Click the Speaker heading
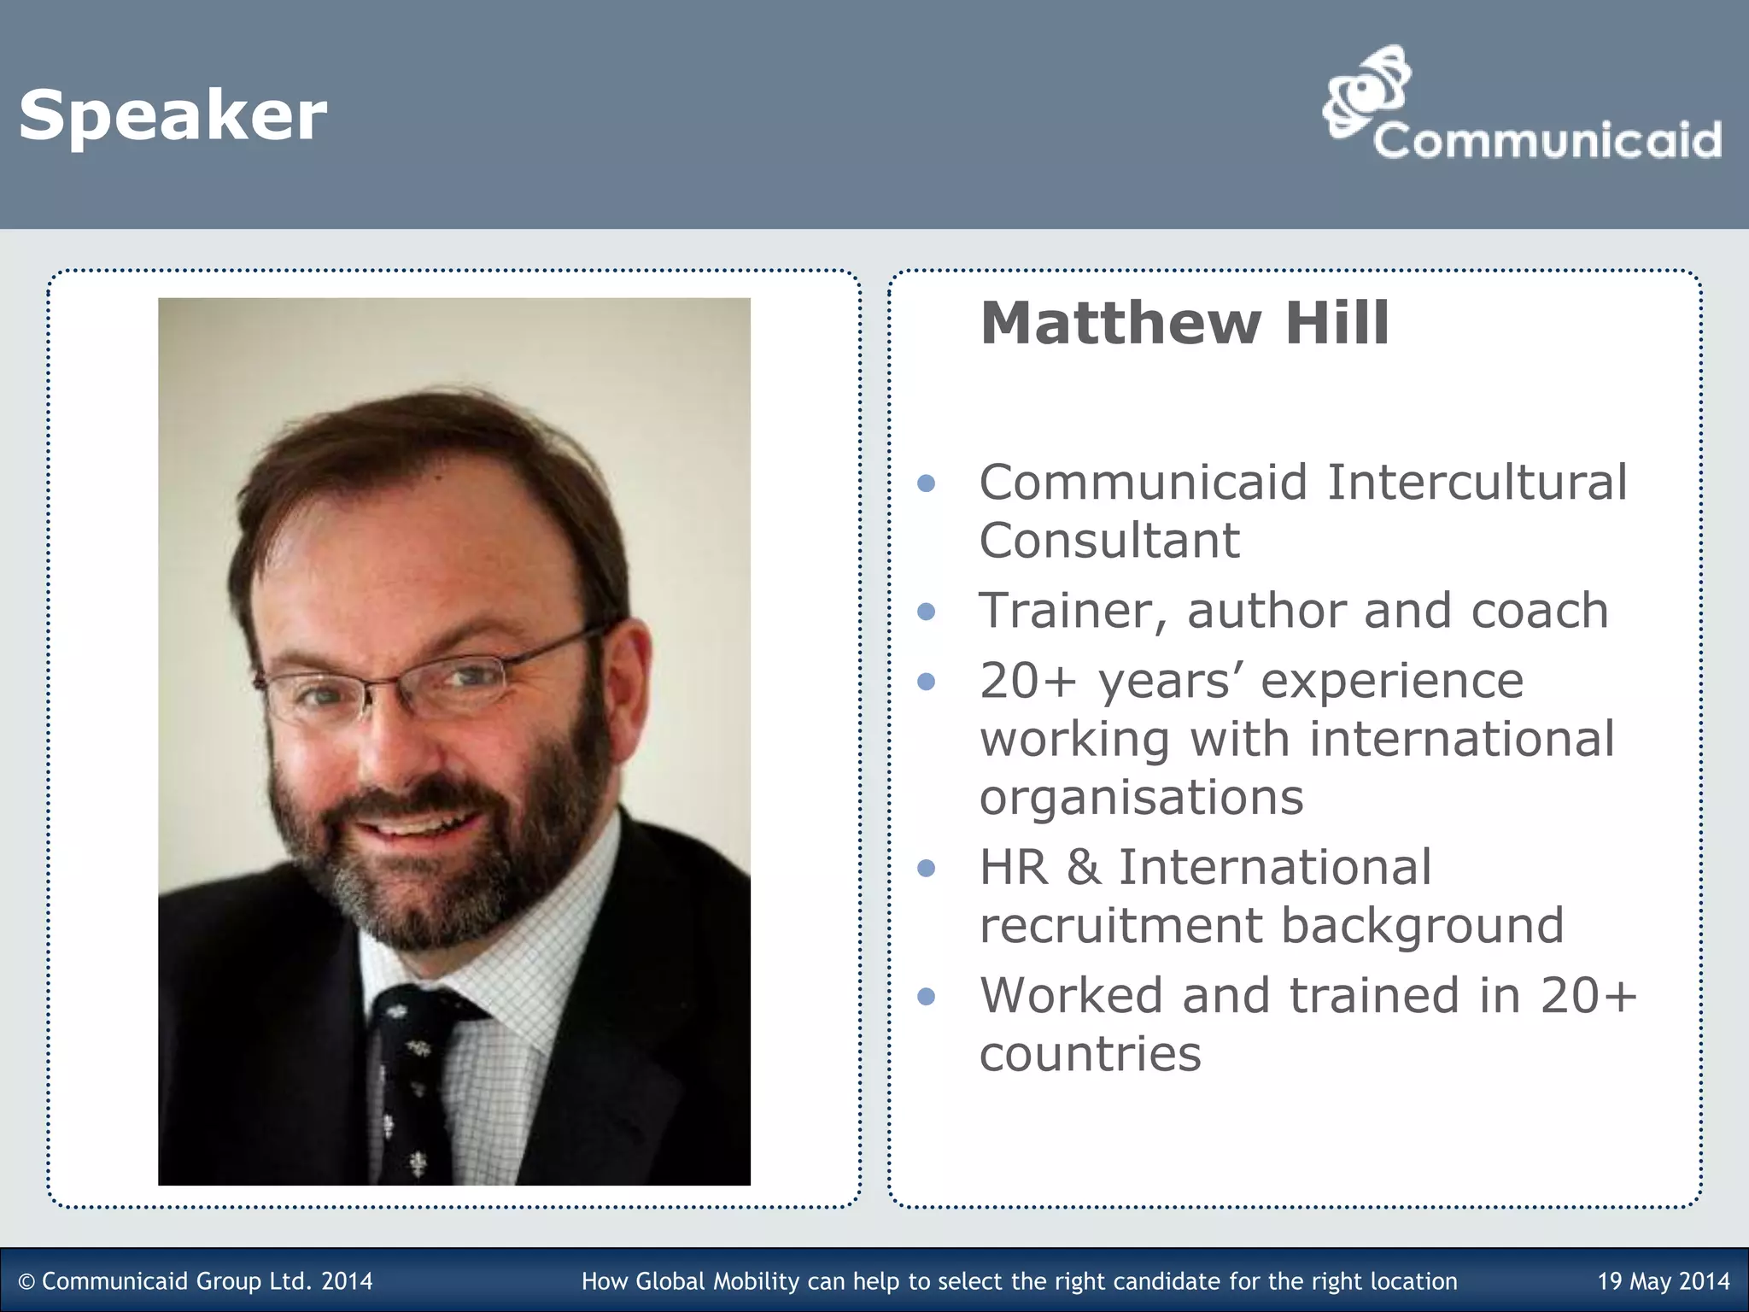pyautogui.click(x=173, y=116)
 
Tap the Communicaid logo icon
pyautogui.click(x=1365, y=91)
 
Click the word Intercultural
pyautogui.click(x=1477, y=483)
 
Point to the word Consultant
pyautogui.click(x=1108, y=541)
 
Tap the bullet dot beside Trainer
pyautogui.click(x=926, y=612)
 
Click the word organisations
pyautogui.click(x=1141, y=797)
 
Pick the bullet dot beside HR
pyautogui.click(x=926, y=869)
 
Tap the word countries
pyautogui.click(x=1090, y=1053)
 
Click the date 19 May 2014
pyautogui.click(x=1663, y=1281)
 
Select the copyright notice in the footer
pyautogui.click(x=196, y=1281)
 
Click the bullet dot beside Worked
pyautogui.click(x=926, y=997)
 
